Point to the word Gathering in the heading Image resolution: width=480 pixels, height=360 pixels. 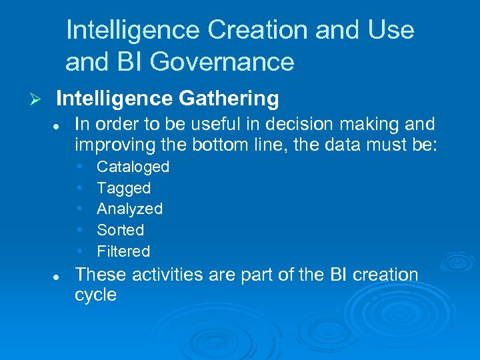229,99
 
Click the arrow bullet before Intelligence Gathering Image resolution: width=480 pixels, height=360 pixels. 37,99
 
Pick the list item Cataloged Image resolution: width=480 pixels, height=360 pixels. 133,167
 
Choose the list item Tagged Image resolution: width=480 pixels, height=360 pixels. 123,188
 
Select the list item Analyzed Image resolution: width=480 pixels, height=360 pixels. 129,209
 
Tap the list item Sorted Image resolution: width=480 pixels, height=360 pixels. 120,230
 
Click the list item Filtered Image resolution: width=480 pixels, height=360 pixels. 123,251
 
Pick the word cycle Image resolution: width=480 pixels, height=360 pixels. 95,295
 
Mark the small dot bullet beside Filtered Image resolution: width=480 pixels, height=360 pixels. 79,251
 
